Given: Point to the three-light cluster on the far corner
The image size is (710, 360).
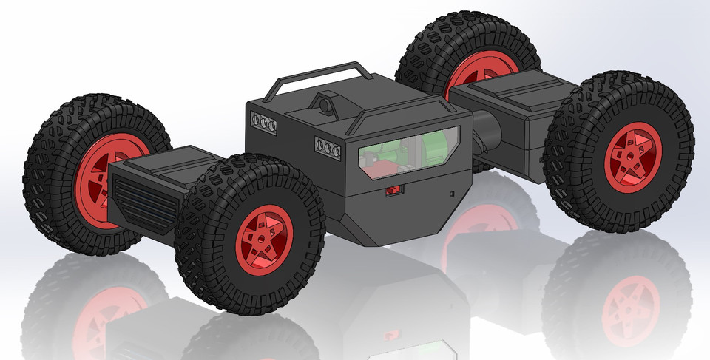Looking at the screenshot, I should pos(264,123).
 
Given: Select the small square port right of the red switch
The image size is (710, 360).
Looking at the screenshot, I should pos(452,194).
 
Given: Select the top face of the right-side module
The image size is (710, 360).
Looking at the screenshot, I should pos(510,92).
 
